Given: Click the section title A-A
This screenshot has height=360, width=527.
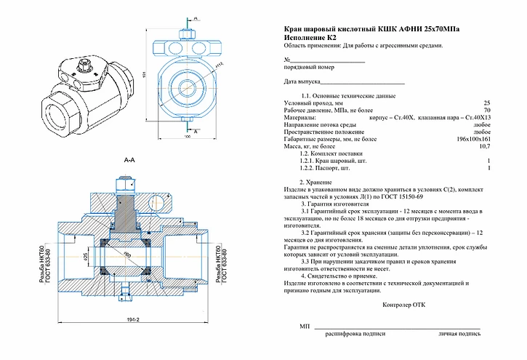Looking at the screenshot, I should (x=129, y=159).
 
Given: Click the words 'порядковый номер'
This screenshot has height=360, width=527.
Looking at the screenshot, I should (x=309, y=67).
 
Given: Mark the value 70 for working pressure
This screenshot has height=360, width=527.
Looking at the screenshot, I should (x=487, y=110).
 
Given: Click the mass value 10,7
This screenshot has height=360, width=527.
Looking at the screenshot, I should (x=485, y=146).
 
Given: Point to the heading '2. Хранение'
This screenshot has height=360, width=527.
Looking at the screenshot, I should (x=316, y=181).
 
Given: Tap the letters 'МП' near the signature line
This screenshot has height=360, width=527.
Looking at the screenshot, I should (x=305, y=328).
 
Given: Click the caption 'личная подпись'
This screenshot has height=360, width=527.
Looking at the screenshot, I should (x=459, y=335).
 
